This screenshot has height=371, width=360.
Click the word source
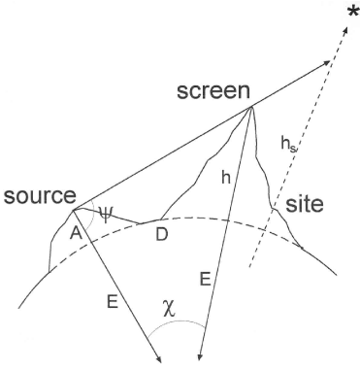click(39, 197)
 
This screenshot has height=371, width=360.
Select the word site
click(304, 206)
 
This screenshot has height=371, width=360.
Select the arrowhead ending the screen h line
click(198, 360)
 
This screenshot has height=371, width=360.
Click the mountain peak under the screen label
click(250, 108)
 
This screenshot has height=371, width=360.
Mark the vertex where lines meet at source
click(74, 209)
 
